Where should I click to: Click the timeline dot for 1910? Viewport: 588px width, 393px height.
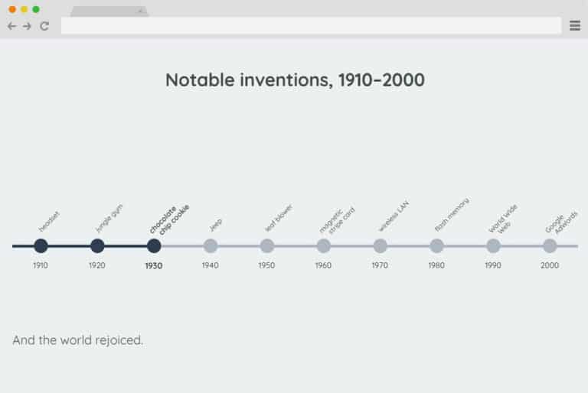click(41, 246)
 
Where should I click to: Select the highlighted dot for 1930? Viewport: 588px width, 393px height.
click(154, 246)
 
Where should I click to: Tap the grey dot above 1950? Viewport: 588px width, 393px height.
click(267, 246)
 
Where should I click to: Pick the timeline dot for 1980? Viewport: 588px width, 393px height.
click(436, 246)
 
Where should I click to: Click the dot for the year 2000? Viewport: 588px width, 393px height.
click(550, 246)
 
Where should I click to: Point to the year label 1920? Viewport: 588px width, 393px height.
click(97, 265)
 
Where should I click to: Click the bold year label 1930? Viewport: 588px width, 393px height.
click(154, 266)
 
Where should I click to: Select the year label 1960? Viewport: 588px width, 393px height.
click(323, 265)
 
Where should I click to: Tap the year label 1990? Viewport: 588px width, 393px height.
click(493, 265)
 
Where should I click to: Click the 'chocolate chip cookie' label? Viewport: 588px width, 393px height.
click(169, 219)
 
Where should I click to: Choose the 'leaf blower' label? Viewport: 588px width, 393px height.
click(279, 218)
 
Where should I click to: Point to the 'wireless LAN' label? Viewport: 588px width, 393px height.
click(394, 218)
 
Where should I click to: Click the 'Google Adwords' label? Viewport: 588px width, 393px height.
click(562, 220)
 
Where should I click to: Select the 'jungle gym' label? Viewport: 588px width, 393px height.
click(109, 218)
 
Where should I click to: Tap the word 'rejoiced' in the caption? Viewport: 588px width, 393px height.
click(118, 340)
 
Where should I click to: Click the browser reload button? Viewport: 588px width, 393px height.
click(44, 26)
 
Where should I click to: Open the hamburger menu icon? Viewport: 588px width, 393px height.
click(575, 26)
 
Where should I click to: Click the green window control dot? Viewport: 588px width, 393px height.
click(36, 9)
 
